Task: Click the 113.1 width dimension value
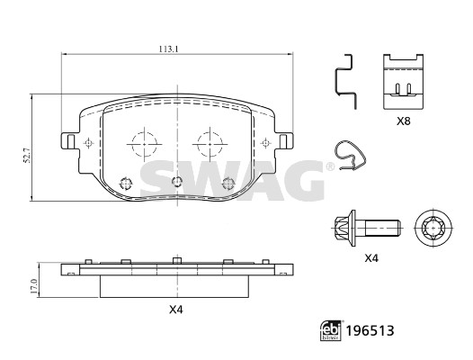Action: (x=169, y=49)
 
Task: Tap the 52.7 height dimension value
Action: (x=27, y=157)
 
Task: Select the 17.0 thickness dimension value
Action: (x=34, y=286)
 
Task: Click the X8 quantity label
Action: (x=404, y=121)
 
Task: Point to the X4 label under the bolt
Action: (x=371, y=258)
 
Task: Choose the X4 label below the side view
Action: (x=176, y=310)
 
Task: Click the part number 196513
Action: (x=370, y=330)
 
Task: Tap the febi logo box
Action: (x=331, y=330)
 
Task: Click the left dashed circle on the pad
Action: (x=145, y=144)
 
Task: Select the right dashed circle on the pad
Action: (x=210, y=144)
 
